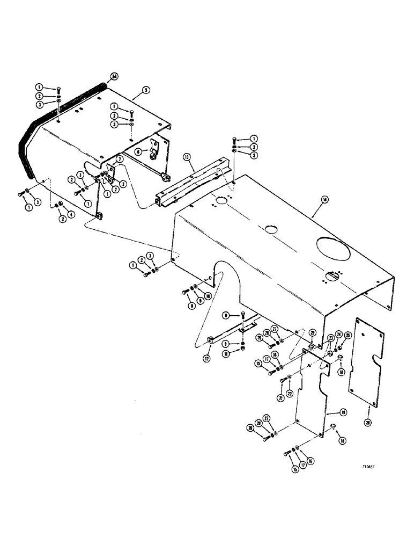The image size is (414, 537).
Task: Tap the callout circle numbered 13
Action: tap(187, 157)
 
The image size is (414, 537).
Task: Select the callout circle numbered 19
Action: tap(329, 413)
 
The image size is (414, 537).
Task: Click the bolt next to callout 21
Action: tap(283, 381)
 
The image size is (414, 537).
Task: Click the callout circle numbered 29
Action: tap(312, 333)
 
